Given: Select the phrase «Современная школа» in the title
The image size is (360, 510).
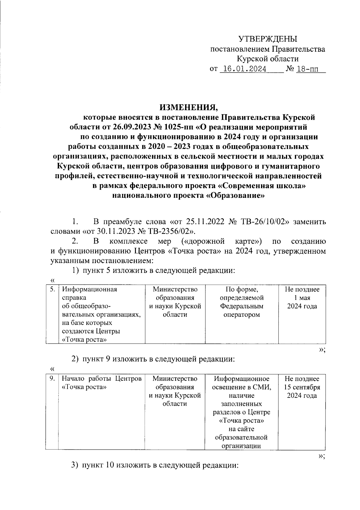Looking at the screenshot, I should [261, 186].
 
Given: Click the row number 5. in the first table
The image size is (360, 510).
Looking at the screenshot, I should [52, 289].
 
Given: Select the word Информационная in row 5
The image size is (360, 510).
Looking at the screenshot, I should [89, 289].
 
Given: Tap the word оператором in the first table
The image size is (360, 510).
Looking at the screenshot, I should [241, 315].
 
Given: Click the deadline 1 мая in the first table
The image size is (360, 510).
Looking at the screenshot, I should [302, 298].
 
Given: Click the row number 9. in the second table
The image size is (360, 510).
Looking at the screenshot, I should [52, 379].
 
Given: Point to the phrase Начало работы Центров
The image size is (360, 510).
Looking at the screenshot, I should [101, 379].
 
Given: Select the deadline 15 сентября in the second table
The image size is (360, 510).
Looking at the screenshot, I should [302, 387].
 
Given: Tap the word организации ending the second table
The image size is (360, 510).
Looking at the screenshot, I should [241, 446].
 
